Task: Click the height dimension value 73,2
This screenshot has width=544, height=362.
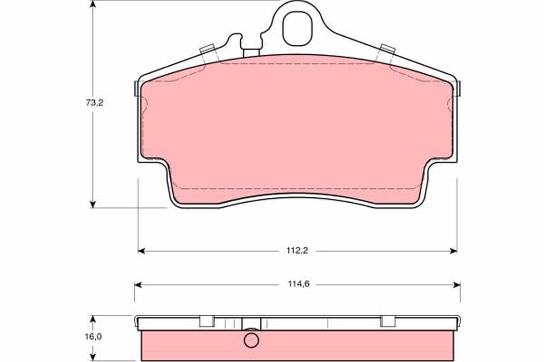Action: tap(95, 103)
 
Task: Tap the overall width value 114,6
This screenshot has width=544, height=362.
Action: tap(297, 285)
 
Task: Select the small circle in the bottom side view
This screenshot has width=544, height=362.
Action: tap(251, 340)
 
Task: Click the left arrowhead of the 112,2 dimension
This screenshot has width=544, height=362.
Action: tap(141, 251)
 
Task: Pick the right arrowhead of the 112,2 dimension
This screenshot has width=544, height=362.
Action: tap(453, 251)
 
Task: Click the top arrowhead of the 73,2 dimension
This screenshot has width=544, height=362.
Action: tap(93, 5)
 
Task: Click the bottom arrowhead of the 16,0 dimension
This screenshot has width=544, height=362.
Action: tap(93, 357)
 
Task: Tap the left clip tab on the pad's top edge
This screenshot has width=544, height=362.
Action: tap(207, 49)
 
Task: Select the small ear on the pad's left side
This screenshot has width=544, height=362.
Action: tap(136, 88)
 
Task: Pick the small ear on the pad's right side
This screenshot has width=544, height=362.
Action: tap(458, 88)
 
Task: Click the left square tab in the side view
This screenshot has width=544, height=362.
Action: tap(207, 320)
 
